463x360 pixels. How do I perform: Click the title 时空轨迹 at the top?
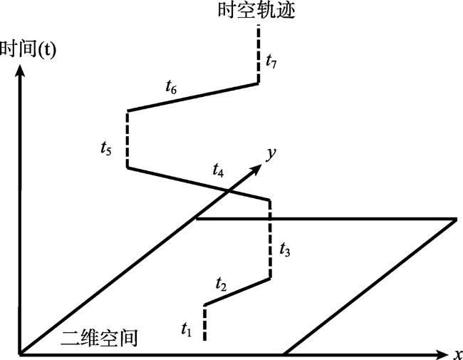256,11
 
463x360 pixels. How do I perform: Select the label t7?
271,61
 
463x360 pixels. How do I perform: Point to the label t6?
171,87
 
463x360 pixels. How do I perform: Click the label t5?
106,148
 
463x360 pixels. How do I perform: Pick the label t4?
218,170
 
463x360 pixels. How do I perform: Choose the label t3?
285,250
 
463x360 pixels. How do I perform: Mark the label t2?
221,284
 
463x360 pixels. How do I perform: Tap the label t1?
187,329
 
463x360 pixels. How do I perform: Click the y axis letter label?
271,154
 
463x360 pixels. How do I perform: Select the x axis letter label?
458,354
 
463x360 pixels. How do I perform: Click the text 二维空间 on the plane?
99,338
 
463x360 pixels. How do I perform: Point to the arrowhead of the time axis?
20,71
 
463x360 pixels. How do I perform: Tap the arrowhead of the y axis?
256,169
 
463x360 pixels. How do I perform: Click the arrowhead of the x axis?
442,354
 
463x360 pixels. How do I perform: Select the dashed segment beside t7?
259,54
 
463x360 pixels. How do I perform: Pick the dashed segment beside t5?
128,140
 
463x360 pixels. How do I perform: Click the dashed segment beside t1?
204,323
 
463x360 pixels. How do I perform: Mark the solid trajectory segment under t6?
193,98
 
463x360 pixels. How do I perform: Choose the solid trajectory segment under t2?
237,292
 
